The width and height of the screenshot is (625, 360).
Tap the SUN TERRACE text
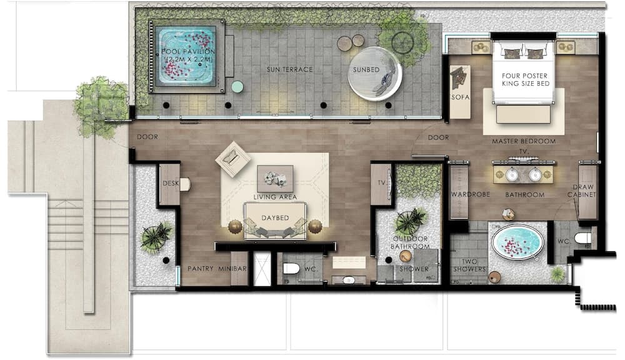289,69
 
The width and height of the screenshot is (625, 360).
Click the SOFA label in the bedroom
460,97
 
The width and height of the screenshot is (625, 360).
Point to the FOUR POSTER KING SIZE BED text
524,81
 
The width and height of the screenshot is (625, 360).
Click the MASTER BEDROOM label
524,141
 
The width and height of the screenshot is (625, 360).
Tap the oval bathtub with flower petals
517,242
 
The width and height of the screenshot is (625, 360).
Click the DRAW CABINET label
586,191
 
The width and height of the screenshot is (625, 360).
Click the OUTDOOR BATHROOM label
410,243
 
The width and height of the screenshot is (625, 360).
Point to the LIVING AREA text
275,197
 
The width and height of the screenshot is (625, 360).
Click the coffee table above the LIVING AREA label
275,178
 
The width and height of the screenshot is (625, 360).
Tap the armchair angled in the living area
232,159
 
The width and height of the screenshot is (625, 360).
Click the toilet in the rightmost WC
582,238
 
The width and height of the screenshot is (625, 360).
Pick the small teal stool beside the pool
237,86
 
